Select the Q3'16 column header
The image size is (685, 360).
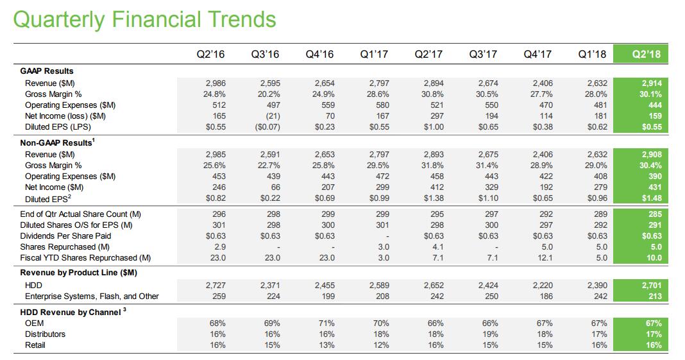(265, 55)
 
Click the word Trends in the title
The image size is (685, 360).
(239, 19)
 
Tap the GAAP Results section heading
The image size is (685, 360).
(47, 71)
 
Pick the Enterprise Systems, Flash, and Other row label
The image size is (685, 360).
(92, 296)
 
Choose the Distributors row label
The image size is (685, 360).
(45, 334)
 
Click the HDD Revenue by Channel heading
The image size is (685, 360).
(71, 313)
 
